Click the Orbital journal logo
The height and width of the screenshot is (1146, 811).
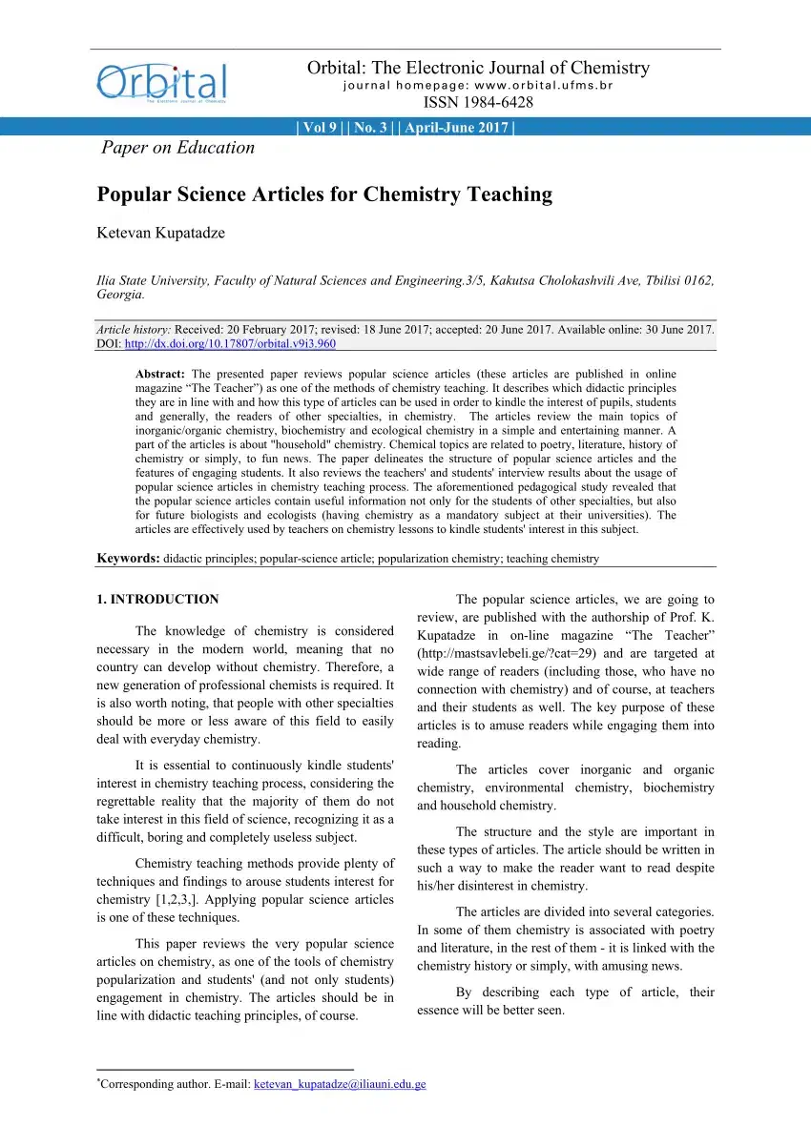pos(161,82)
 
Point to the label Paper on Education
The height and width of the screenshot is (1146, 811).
pos(178,148)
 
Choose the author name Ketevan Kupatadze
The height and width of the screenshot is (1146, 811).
pos(161,234)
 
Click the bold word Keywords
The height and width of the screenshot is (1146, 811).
pos(129,559)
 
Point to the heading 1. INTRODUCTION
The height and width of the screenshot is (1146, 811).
pos(158,600)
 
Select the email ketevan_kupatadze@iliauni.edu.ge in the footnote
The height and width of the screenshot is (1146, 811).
pos(340,1084)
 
